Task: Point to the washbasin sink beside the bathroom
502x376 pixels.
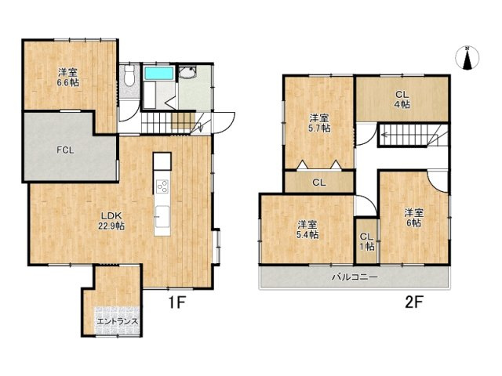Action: [188, 74]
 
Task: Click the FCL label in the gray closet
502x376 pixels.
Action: [65, 150]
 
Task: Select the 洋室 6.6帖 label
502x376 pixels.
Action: [67, 76]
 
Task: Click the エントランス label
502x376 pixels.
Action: [118, 321]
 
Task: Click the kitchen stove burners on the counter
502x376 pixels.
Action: [162, 186]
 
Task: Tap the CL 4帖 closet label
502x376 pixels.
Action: [402, 99]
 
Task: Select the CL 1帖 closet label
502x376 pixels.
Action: [366, 241]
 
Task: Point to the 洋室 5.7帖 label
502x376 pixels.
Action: [318, 123]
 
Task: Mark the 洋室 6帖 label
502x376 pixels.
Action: [413, 217]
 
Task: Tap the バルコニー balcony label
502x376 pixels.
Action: [354, 277]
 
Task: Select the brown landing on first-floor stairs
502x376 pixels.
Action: [184, 121]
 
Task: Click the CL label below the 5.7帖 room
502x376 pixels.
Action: [318, 183]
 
